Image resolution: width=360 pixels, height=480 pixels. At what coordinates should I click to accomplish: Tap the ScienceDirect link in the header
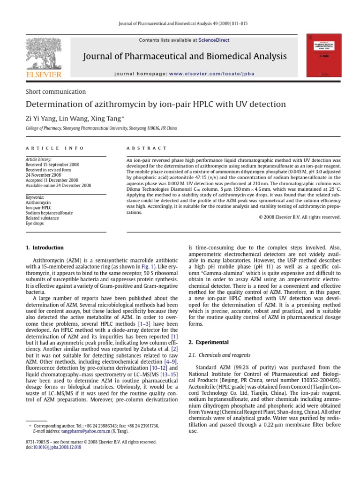tap(214, 40)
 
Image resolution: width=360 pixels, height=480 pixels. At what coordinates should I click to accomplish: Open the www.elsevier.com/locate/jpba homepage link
tap(216, 74)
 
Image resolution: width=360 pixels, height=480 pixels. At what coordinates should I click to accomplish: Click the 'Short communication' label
tap(55, 91)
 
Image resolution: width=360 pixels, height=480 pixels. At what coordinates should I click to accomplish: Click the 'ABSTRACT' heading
tap(147, 148)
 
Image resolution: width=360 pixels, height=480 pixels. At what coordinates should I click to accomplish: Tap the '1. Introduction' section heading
tap(45, 247)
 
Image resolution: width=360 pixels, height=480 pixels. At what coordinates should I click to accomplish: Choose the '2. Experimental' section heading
tap(209, 342)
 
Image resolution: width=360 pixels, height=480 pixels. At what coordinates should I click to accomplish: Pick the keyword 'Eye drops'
tap(35, 224)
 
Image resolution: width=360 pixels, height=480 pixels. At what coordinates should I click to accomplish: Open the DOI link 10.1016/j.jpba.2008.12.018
tap(56, 448)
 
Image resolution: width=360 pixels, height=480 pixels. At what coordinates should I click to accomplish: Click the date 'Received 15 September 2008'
tap(52, 165)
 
